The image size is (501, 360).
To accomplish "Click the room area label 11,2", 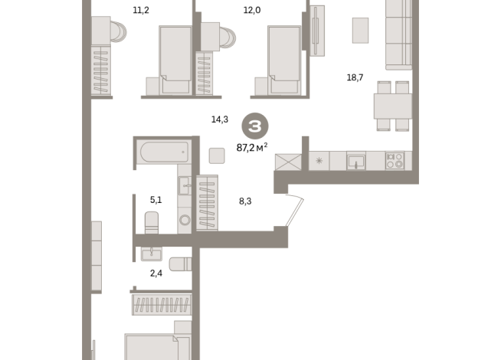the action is [x=141, y=10].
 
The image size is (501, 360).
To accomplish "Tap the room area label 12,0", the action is [x=252, y=10].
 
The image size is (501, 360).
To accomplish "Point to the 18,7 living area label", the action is [x=355, y=77].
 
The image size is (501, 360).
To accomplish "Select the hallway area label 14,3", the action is [x=220, y=119].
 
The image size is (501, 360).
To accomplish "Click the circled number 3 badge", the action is [x=255, y=126].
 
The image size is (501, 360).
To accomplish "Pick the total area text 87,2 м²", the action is [x=252, y=148].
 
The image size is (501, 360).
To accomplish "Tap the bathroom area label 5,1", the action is [x=156, y=200].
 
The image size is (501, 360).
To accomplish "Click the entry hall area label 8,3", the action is [x=245, y=201].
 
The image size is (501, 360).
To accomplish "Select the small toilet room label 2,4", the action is [x=156, y=273].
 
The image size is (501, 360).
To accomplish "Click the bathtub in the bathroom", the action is [x=164, y=152].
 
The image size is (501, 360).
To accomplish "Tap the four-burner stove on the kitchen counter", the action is [x=395, y=160].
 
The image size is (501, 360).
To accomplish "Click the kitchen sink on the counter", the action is [x=356, y=161].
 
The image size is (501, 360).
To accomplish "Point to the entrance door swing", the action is [x=294, y=210].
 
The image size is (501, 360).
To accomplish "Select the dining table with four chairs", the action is [x=393, y=106].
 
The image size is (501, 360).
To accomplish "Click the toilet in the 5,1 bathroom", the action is [x=152, y=223].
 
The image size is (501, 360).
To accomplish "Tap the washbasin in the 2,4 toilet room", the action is [x=152, y=254].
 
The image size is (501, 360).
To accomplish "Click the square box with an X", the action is [x=288, y=162].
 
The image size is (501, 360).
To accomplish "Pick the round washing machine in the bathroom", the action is [x=185, y=220].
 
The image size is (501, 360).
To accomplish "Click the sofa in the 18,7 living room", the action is [x=399, y=34].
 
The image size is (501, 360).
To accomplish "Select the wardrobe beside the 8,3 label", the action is [x=207, y=203].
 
